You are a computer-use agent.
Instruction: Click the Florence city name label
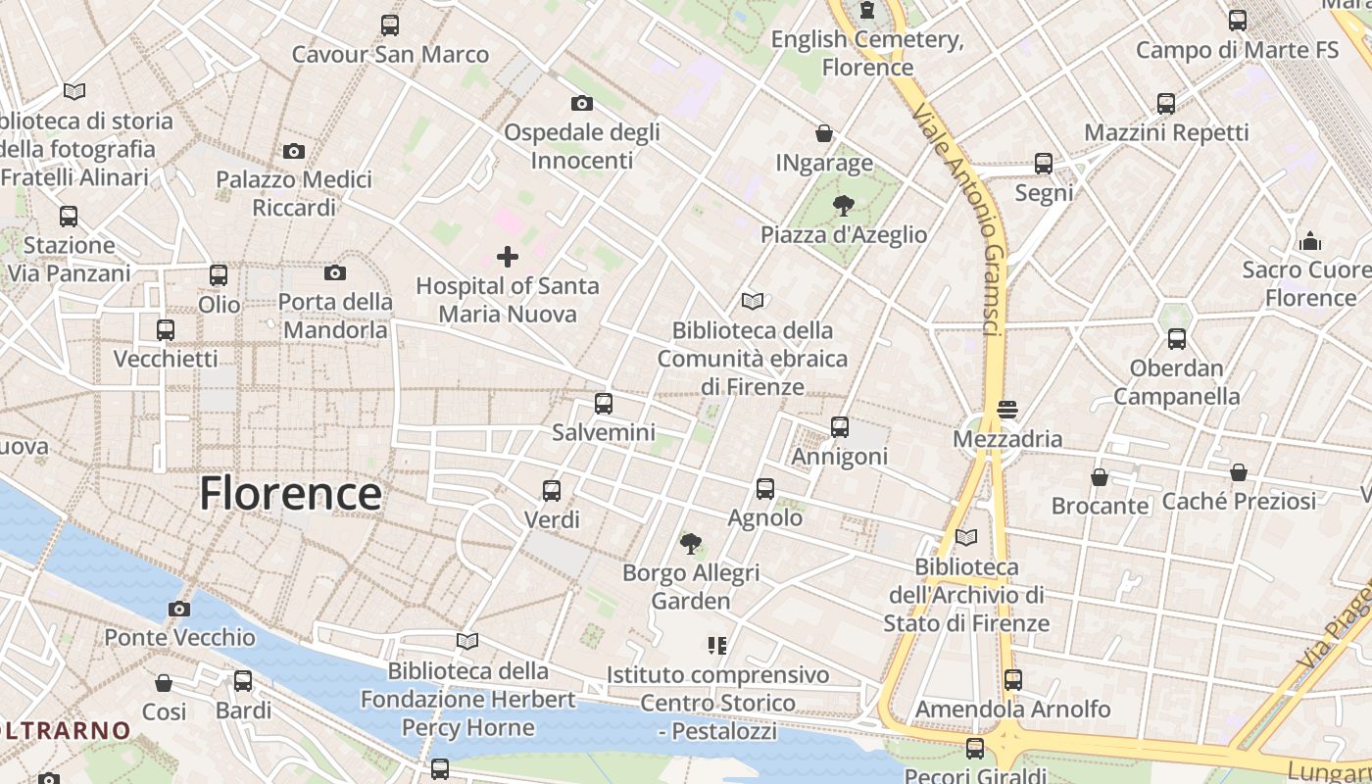(x=290, y=493)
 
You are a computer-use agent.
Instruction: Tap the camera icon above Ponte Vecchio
(x=178, y=610)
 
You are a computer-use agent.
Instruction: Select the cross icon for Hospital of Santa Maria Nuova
(x=508, y=257)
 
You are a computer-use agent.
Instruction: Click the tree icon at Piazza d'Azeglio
(x=843, y=206)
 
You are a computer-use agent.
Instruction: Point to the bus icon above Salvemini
(x=604, y=403)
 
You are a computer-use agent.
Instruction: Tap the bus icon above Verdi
(x=552, y=491)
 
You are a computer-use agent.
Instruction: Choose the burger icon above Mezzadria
(x=1007, y=409)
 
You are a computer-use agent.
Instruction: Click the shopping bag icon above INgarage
(x=824, y=133)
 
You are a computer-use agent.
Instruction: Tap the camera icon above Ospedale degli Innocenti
(x=581, y=103)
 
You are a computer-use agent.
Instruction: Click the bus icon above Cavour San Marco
(x=390, y=25)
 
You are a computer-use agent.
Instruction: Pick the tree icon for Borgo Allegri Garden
(x=691, y=543)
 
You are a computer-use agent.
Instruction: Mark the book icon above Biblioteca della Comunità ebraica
(x=753, y=301)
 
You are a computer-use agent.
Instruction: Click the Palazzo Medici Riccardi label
(x=294, y=193)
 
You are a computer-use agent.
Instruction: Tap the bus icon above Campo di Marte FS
(x=1238, y=20)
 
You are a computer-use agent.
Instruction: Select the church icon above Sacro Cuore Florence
(x=1310, y=241)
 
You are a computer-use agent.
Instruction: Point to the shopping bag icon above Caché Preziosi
(x=1239, y=472)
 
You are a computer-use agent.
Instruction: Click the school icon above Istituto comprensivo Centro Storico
(x=717, y=646)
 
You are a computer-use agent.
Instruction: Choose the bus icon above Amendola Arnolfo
(x=1013, y=679)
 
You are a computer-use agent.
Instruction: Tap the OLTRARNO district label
(x=65, y=730)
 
